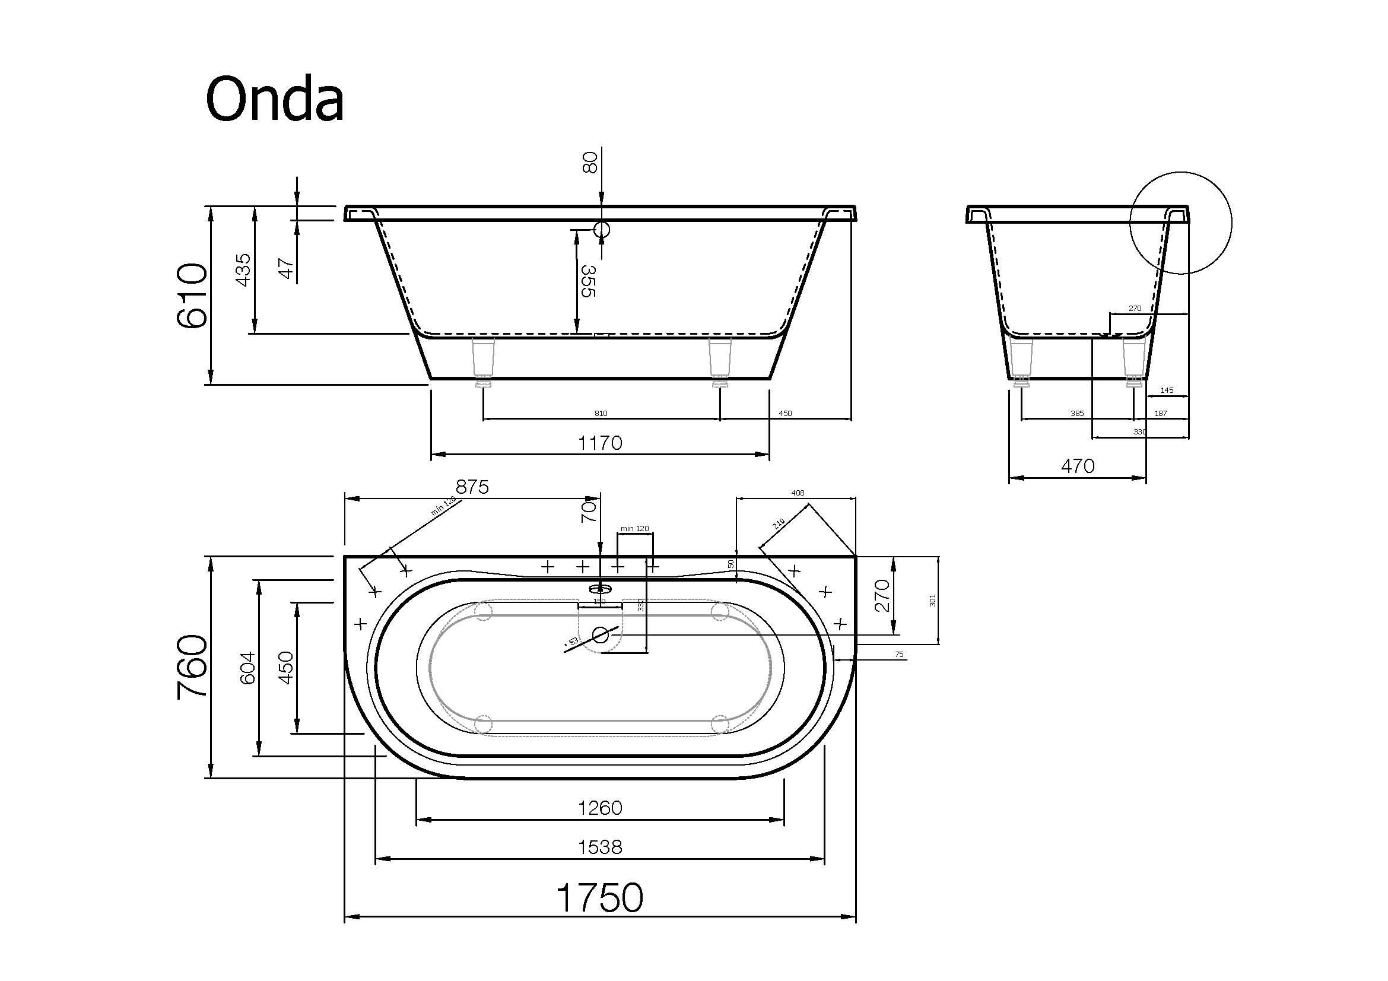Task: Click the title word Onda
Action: (x=275, y=99)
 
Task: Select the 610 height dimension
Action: (x=192, y=296)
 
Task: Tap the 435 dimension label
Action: (x=243, y=269)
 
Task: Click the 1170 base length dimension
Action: (x=600, y=443)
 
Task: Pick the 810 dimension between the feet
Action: (x=601, y=414)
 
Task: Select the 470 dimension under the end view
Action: (x=1077, y=466)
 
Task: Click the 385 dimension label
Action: (x=1076, y=414)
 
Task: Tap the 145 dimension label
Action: (x=1167, y=391)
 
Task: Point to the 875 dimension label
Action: (x=472, y=487)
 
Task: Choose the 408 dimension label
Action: (x=798, y=493)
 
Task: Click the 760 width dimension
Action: (x=193, y=666)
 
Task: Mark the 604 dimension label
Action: (x=248, y=667)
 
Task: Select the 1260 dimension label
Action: (x=600, y=808)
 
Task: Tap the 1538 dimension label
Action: (x=600, y=847)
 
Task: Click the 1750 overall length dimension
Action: (x=600, y=897)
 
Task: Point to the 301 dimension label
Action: (x=932, y=600)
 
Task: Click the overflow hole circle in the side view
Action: (x=602, y=230)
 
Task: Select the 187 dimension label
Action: (x=1160, y=414)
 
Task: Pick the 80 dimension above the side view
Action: (x=589, y=163)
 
